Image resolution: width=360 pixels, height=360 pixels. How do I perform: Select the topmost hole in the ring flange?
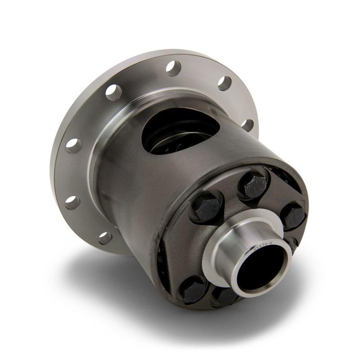[x=173, y=68]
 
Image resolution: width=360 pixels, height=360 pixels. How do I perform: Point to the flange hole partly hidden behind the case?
[x=247, y=125]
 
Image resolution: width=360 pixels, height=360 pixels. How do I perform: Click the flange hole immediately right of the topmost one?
[x=224, y=83]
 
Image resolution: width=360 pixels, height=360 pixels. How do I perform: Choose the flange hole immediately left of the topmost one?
[x=113, y=92]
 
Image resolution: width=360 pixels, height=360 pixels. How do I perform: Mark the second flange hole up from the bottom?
[x=72, y=202]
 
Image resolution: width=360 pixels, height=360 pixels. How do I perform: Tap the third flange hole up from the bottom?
[x=73, y=145]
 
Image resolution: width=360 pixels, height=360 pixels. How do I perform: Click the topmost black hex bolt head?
[x=254, y=184]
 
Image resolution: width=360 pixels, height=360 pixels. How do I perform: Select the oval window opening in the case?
[x=180, y=130]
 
